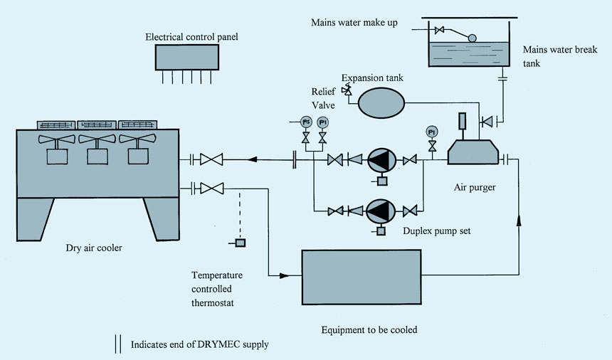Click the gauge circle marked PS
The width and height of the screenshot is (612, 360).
(x=306, y=122)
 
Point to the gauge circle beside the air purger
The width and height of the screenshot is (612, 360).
(x=431, y=132)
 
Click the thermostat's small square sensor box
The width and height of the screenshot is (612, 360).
(x=241, y=244)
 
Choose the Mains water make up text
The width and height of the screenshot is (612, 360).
(x=352, y=22)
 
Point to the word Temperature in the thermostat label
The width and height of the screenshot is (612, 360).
(x=216, y=275)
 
